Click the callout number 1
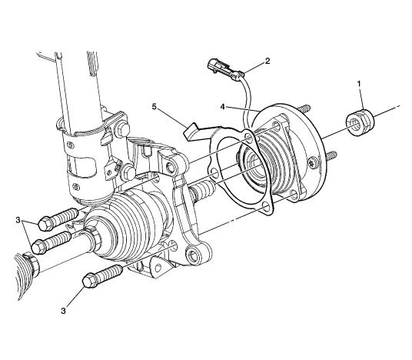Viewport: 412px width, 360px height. point(359,84)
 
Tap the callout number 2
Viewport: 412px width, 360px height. point(267,62)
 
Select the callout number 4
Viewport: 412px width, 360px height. point(223,107)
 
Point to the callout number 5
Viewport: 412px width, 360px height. point(154,106)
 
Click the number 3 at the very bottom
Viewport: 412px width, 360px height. point(63,311)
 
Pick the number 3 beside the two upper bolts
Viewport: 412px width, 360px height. point(18,220)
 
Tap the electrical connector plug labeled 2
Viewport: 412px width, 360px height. point(224,68)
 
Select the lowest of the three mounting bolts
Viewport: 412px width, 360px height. point(102,276)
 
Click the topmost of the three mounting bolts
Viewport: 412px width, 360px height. point(58,219)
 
